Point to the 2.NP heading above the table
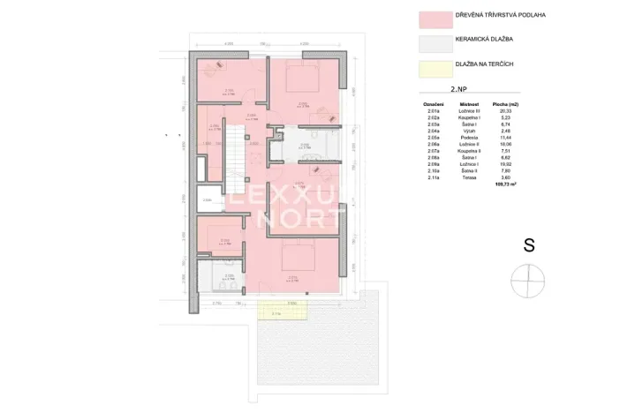coord(458,91)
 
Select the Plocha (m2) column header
coord(504,103)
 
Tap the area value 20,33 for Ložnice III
coord(504,109)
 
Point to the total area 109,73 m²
coord(505,185)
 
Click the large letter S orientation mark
coord(529,246)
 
